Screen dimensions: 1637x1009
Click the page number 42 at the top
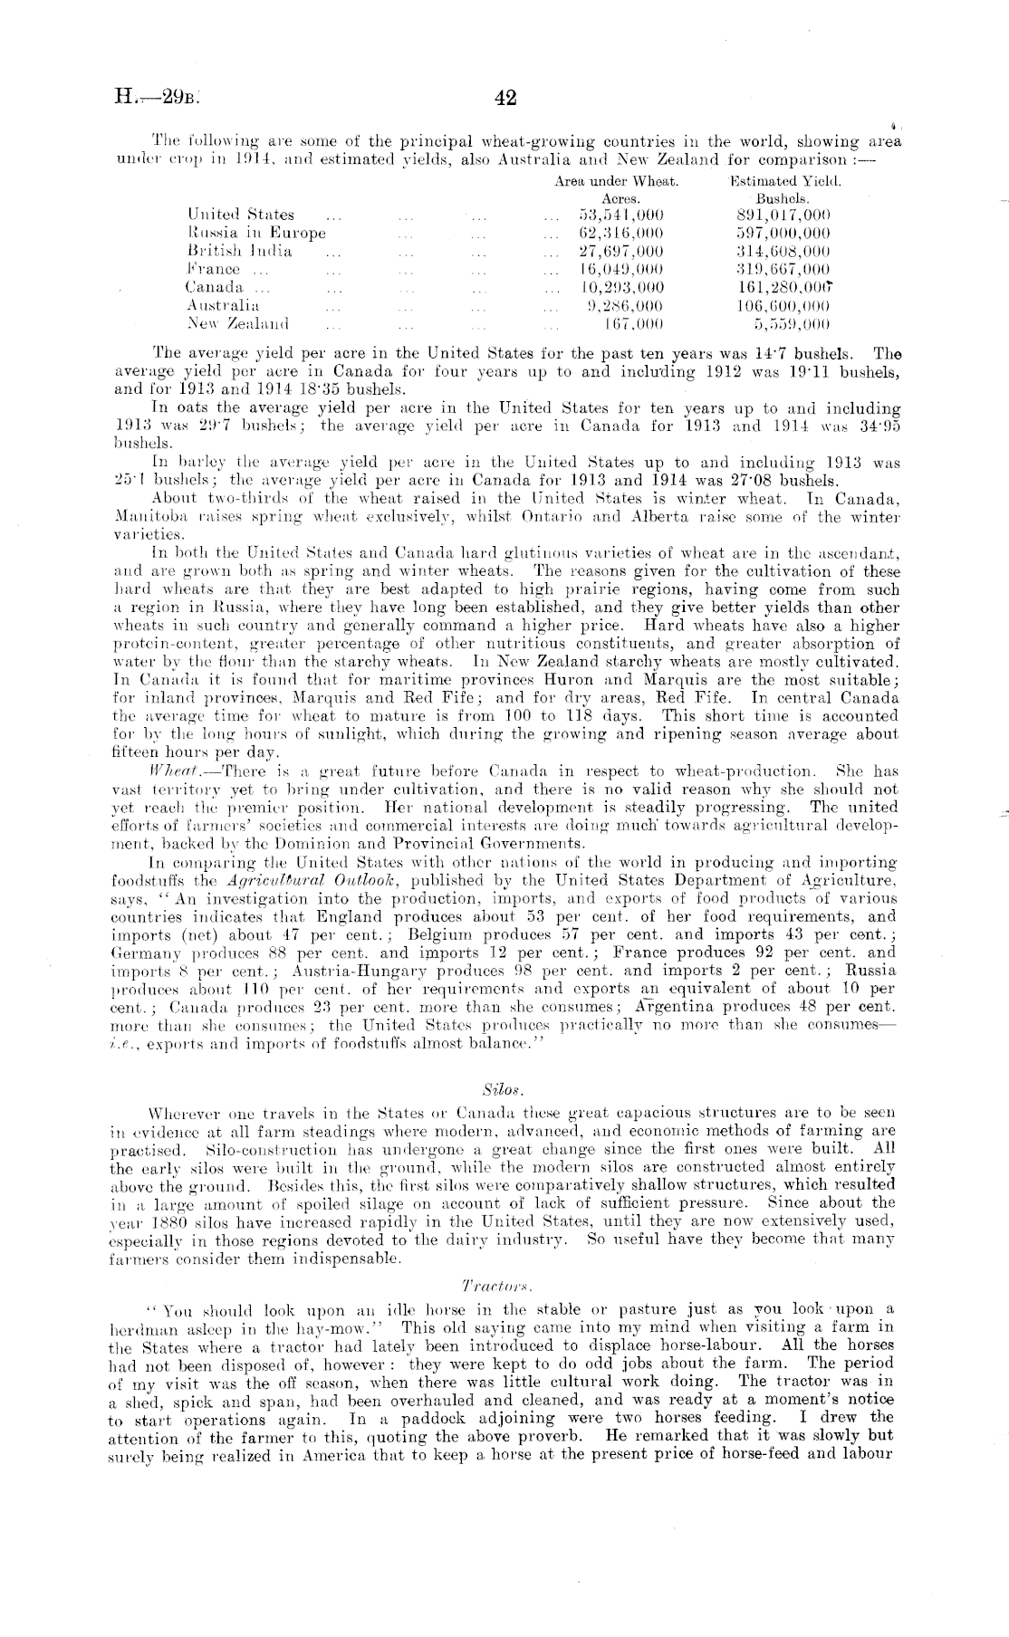(x=506, y=98)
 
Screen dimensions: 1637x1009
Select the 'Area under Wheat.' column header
(x=616, y=181)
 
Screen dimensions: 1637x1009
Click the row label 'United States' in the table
(x=241, y=215)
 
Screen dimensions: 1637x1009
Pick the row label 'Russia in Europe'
(x=256, y=233)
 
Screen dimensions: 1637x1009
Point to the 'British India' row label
(x=239, y=251)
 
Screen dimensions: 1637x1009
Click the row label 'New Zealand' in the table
(x=237, y=322)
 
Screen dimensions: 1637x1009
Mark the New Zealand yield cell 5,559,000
(x=793, y=322)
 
